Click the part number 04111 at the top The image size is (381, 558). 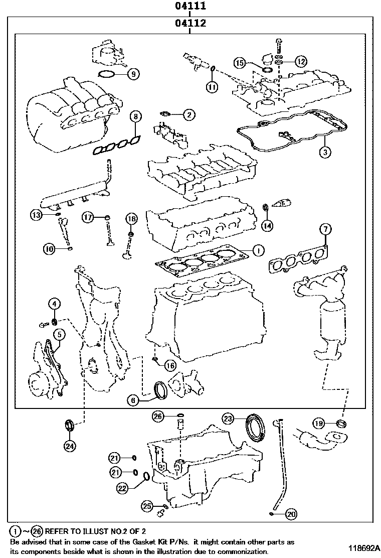point(190,7)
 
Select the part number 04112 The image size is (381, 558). point(190,24)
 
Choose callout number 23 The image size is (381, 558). point(228,418)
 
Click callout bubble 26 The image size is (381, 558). point(158,416)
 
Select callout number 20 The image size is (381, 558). point(291,513)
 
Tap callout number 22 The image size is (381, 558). point(123,486)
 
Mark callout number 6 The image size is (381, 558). point(132,400)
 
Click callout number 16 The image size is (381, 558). point(170,366)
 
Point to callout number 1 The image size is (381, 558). point(257,250)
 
